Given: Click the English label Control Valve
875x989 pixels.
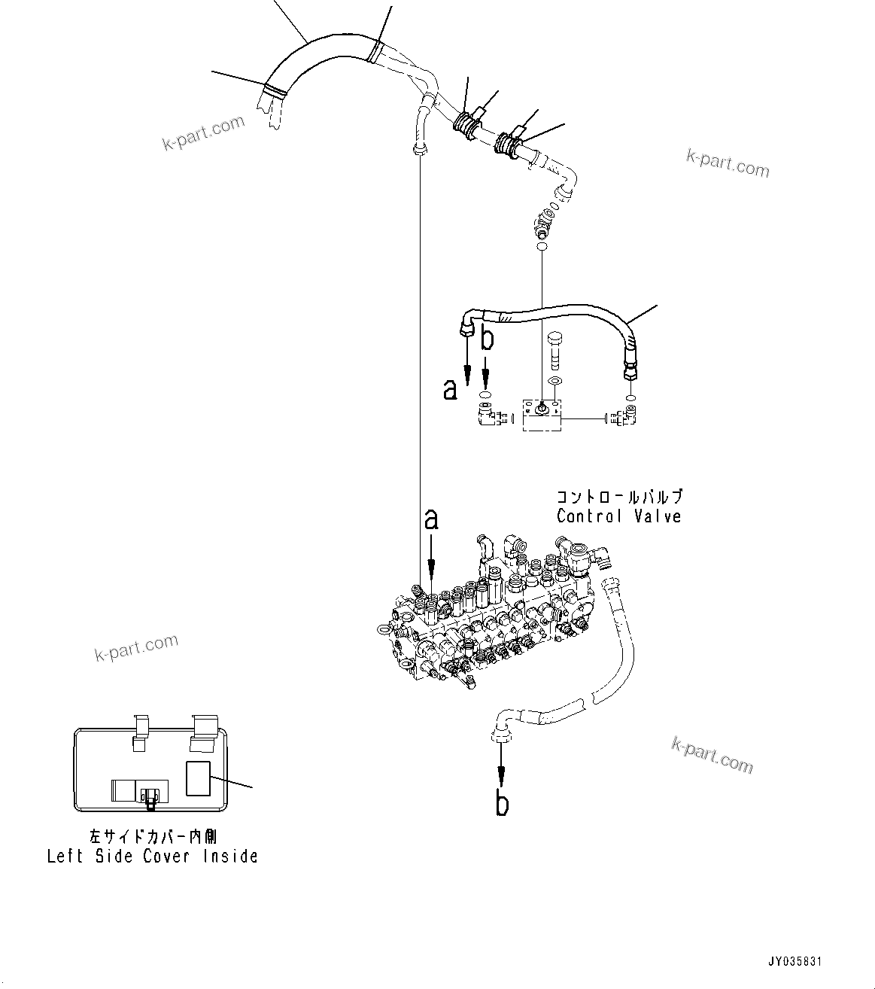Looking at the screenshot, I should pos(618,516).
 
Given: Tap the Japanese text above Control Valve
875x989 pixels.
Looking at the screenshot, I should pos(618,497).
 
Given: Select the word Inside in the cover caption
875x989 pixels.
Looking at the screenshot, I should pos(229,856).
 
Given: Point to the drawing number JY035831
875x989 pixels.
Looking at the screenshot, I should pos(795,962).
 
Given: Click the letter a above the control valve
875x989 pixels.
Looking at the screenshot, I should pos(431,519).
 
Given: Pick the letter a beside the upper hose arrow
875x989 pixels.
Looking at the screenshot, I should pos(450,389).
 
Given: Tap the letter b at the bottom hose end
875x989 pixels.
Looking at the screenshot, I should pos(502,804).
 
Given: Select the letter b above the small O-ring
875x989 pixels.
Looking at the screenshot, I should pos(488,339).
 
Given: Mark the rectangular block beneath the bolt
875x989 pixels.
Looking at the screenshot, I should pos(542,415).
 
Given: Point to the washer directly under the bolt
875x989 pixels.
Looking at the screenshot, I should pos(554,382).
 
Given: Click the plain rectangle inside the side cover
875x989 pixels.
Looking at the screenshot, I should pos(199,778).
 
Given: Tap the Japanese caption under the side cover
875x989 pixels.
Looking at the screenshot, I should pos(153,835).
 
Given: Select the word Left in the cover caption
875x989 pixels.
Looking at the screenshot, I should pos(65,856).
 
